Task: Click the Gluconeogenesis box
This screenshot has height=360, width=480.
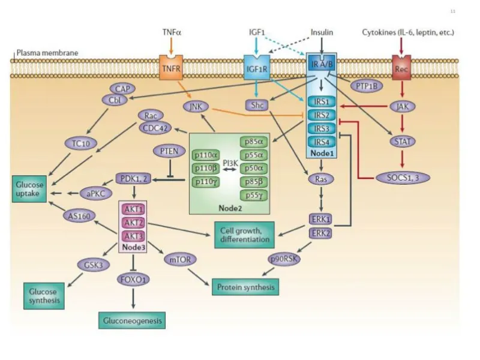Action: tap(131, 321)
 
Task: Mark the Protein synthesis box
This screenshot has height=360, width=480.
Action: tap(245, 287)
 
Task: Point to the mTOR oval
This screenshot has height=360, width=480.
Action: tap(178, 260)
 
